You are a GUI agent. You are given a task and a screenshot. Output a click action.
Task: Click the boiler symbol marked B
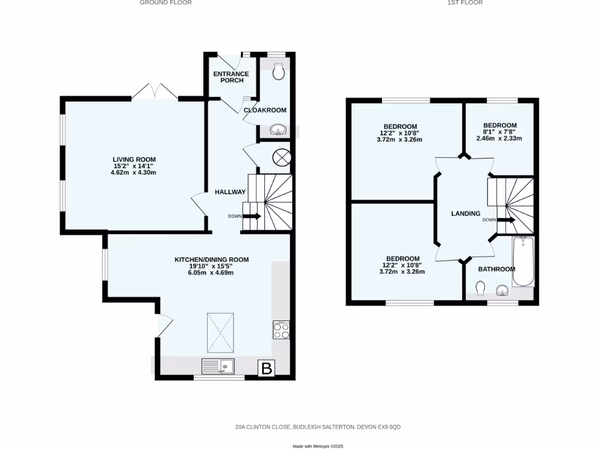coord(267,368)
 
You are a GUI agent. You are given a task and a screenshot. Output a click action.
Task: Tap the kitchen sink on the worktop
coord(218,367)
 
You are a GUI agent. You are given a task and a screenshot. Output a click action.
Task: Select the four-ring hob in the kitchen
coord(280,330)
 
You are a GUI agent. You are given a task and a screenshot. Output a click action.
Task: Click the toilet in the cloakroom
coord(280,72)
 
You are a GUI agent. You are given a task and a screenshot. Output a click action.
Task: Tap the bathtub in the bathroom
coord(523,261)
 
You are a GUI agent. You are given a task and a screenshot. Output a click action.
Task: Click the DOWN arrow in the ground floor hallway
coord(252,216)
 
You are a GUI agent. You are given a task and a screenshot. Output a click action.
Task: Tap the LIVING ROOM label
coord(135,159)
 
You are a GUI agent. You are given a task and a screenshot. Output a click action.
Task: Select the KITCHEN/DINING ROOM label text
coord(211,260)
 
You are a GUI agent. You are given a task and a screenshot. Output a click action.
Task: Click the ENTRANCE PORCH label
coord(231,77)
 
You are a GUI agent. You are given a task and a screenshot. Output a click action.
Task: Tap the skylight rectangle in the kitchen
coord(221,331)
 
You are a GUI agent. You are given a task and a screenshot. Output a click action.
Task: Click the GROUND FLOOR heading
coord(166,3)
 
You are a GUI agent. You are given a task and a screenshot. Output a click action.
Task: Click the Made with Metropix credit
coord(318,446)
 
